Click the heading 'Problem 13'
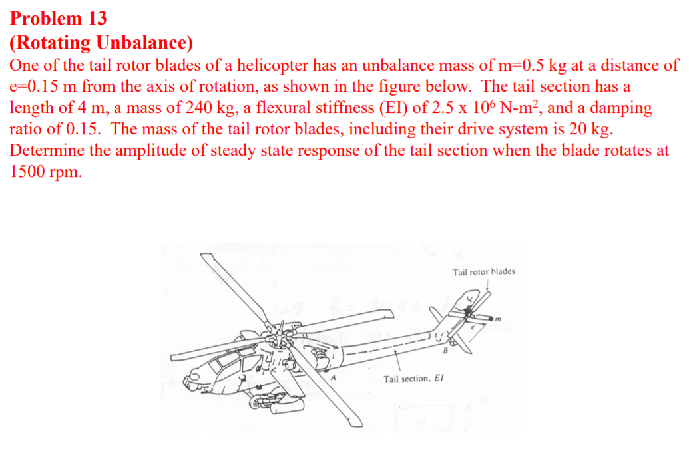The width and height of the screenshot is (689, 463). coord(58,18)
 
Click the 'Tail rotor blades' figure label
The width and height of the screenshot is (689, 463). coord(483,272)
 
